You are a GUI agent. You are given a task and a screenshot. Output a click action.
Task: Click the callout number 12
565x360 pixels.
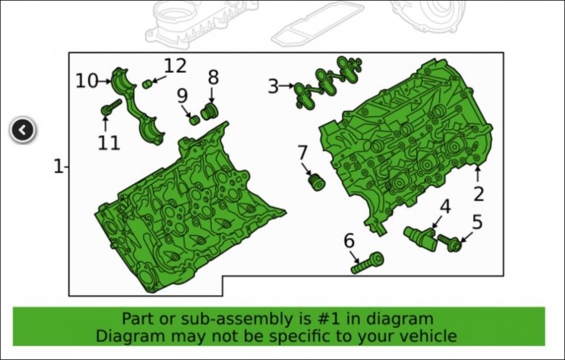(x=175, y=66)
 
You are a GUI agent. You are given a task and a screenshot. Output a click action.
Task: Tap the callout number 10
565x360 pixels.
(x=87, y=81)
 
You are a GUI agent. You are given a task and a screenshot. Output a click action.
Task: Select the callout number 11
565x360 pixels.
(x=109, y=143)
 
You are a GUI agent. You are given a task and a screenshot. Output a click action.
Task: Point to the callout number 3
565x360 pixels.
(x=274, y=86)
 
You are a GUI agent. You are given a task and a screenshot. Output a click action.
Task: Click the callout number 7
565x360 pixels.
(x=303, y=152)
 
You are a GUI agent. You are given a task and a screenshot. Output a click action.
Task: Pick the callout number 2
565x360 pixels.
(x=478, y=194)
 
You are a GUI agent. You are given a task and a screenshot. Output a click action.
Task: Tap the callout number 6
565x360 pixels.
(x=349, y=241)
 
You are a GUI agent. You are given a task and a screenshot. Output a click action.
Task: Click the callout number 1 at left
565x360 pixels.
(x=58, y=166)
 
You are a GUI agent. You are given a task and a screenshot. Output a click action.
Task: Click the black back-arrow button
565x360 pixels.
(x=22, y=129)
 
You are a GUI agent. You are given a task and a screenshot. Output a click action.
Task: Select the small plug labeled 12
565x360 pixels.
(x=147, y=84)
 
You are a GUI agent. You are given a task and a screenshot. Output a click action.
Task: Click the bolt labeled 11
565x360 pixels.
(x=111, y=106)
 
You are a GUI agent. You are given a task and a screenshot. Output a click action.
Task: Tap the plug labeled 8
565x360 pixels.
(x=208, y=111)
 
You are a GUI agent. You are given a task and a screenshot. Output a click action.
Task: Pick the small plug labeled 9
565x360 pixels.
(x=195, y=119)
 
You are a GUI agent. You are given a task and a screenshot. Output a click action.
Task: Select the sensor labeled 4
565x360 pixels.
(x=420, y=238)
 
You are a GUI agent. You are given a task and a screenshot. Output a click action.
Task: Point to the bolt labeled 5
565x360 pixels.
(x=450, y=243)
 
